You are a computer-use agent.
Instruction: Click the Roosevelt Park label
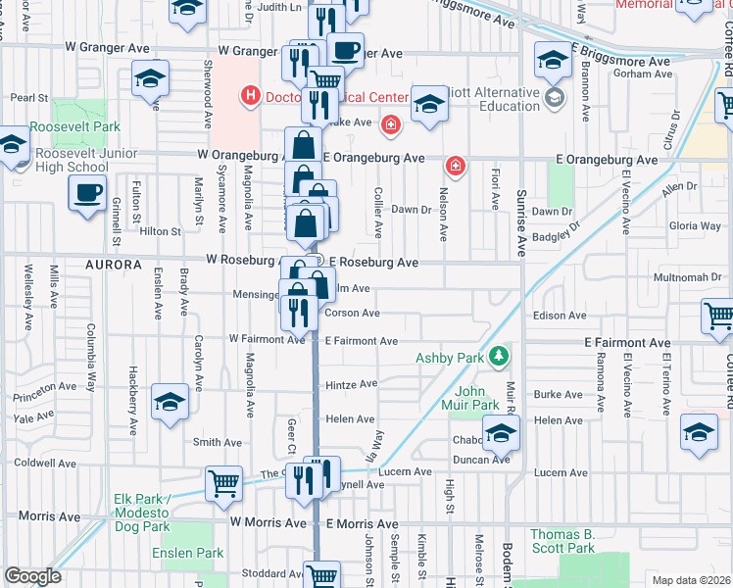click(74, 126)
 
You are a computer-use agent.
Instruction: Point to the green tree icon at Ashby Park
click(499, 356)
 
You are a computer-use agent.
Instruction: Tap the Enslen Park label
click(188, 554)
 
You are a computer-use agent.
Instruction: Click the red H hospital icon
click(251, 96)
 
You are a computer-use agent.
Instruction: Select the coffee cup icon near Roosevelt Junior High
click(87, 192)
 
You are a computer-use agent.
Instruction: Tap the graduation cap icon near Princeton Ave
click(171, 403)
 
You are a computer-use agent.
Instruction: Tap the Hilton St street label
click(161, 231)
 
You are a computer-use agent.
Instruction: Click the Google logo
click(32, 575)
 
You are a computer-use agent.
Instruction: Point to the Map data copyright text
click(691, 580)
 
